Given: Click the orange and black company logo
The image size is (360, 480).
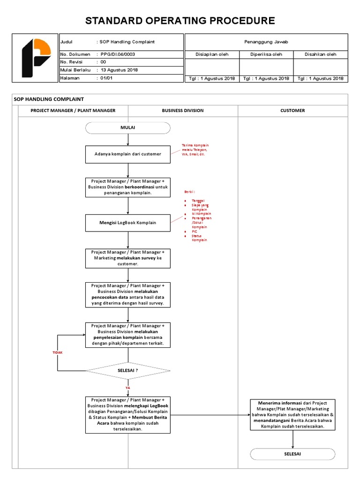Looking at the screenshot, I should pyautogui.click(x=37, y=58).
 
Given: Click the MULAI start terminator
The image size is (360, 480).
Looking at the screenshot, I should pyautogui.click(x=128, y=128).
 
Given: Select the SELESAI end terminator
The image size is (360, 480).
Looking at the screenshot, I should pyautogui.click(x=292, y=454).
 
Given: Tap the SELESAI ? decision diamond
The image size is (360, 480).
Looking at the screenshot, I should pyautogui.click(x=128, y=370).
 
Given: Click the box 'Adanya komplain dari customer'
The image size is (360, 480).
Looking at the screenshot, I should pyautogui.click(x=128, y=154).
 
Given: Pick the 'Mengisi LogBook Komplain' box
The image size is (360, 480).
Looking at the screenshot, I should pyautogui.click(x=128, y=223).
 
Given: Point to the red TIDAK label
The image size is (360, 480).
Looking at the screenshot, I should pyautogui.click(x=57, y=352).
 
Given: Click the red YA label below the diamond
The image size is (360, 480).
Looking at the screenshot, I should pyautogui.click(x=127, y=388).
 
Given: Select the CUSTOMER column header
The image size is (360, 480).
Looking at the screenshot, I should pyautogui.click(x=292, y=111).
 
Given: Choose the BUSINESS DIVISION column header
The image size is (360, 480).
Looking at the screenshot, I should pyautogui.click(x=183, y=111).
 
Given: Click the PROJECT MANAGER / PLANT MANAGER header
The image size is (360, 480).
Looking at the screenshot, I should pyautogui.click(x=73, y=111).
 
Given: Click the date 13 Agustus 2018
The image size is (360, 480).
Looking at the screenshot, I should pyautogui.click(x=120, y=70).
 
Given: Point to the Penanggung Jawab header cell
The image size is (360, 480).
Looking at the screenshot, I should pyautogui.click(x=266, y=42).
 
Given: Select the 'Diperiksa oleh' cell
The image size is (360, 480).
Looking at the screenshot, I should pyautogui.click(x=266, y=54).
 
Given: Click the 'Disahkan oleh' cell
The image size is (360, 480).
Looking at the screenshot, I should pyautogui.click(x=321, y=54).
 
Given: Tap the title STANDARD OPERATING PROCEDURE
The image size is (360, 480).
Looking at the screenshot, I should pyautogui.click(x=180, y=21).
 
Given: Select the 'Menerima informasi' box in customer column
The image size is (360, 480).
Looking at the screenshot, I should pyautogui.click(x=292, y=414).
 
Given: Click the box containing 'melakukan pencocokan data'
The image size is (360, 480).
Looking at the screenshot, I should pyautogui.click(x=128, y=294).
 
